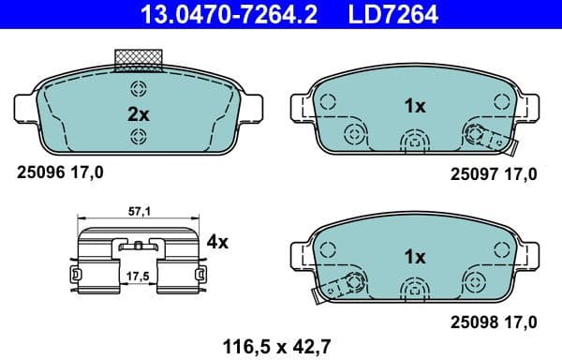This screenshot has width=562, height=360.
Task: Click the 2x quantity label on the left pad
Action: point(138,113)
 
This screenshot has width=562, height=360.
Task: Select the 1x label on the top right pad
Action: point(414,106)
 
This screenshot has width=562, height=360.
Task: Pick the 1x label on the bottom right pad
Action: point(414,256)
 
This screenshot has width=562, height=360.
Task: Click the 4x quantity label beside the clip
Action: point(217,242)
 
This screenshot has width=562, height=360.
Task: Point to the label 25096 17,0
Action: point(61,172)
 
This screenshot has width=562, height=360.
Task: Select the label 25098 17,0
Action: point(494,322)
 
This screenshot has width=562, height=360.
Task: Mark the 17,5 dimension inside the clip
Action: point(137,277)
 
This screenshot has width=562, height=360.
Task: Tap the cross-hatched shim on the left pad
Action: point(138,59)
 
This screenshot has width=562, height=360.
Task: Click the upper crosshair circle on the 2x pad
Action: point(138,90)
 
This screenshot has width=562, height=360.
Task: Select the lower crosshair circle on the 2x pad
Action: point(138,138)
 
